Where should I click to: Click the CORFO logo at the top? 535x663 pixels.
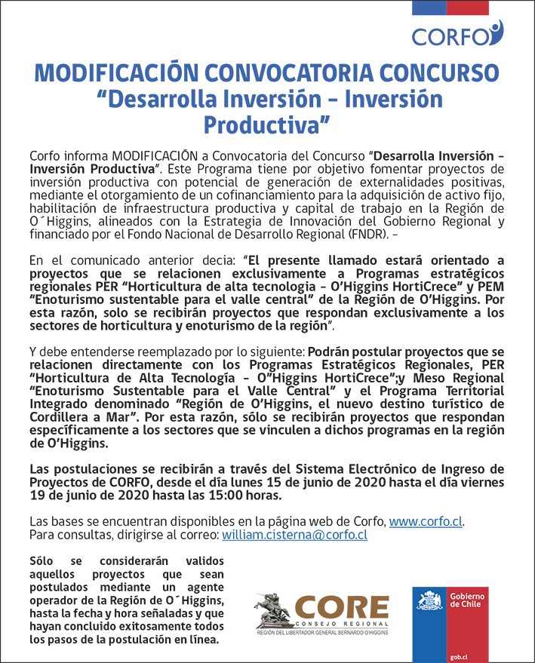pos(457,34)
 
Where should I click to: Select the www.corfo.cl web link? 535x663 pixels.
pos(426,521)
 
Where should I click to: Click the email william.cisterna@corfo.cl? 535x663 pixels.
pos(294,535)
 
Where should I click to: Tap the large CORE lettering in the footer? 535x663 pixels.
pos(342,606)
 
